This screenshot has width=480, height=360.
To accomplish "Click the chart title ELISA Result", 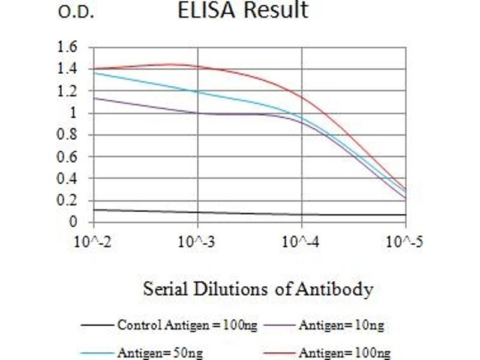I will [x=243, y=10].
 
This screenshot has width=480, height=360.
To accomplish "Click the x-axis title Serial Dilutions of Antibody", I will [x=258, y=290].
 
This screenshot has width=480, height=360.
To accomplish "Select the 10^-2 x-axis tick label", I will [x=94, y=242].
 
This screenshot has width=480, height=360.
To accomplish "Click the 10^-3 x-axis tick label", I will [x=197, y=242].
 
